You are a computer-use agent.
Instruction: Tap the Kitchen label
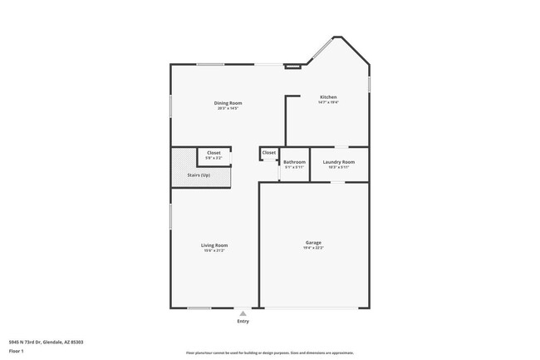[x=328, y=97]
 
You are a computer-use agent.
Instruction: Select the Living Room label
[x=214, y=245]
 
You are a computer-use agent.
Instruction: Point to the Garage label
[x=312, y=243]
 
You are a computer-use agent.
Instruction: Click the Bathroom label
[x=294, y=162]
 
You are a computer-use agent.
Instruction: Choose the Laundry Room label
[x=339, y=162]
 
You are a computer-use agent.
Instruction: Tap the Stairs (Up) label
[x=199, y=175]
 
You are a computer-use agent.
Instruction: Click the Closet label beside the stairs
[x=214, y=154]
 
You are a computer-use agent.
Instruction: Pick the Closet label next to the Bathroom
[x=269, y=153]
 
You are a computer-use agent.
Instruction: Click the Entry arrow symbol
[x=243, y=313]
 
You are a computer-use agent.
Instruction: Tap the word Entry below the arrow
[x=243, y=322]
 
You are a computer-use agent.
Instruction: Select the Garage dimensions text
[x=312, y=249]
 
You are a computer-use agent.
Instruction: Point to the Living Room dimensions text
[x=214, y=250]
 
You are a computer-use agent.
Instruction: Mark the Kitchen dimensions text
[x=328, y=102]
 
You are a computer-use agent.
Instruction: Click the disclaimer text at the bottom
[x=270, y=353]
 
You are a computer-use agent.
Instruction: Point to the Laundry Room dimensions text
[x=339, y=167]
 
